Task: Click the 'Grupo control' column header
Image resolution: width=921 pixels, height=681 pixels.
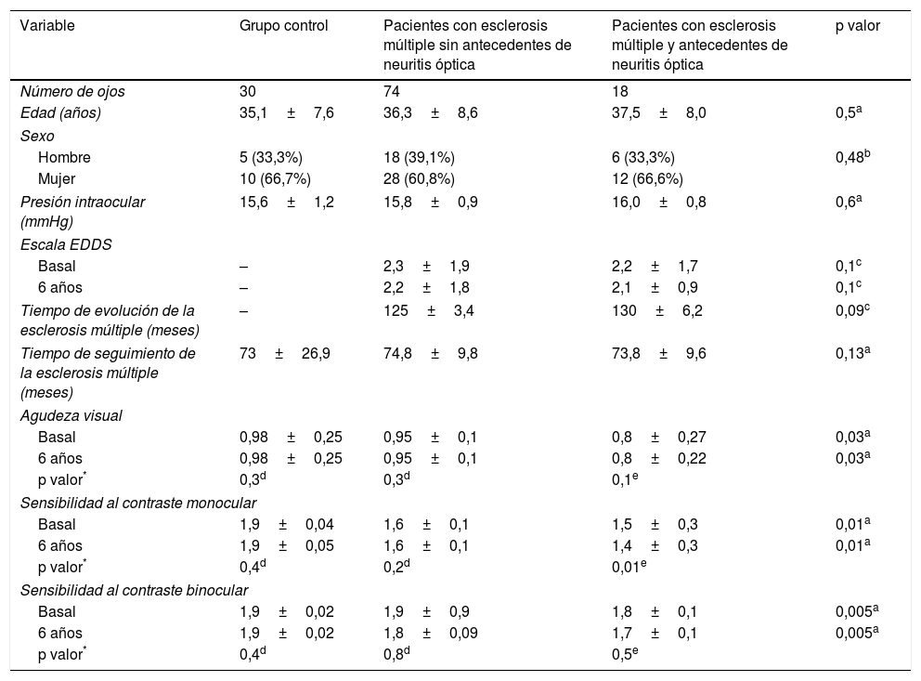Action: click(283, 26)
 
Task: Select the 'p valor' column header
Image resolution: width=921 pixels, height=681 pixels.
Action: click(858, 26)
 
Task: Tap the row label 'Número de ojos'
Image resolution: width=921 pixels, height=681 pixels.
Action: click(72, 91)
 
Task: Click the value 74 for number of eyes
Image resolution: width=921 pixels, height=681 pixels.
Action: click(392, 91)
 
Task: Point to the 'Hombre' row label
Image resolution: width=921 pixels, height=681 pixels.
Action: click(64, 158)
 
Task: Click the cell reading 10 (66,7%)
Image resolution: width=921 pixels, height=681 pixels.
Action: click(275, 178)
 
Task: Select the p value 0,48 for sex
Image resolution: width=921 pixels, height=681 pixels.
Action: click(854, 158)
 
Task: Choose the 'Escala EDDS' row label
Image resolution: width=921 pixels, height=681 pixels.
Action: click(66, 244)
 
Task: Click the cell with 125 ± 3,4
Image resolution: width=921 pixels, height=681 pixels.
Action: click(429, 311)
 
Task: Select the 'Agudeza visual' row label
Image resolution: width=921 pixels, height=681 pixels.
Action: click(71, 415)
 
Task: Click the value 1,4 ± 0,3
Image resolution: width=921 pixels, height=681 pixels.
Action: click(655, 545)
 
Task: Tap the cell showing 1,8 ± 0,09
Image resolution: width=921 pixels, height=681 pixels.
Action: click(429, 634)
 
